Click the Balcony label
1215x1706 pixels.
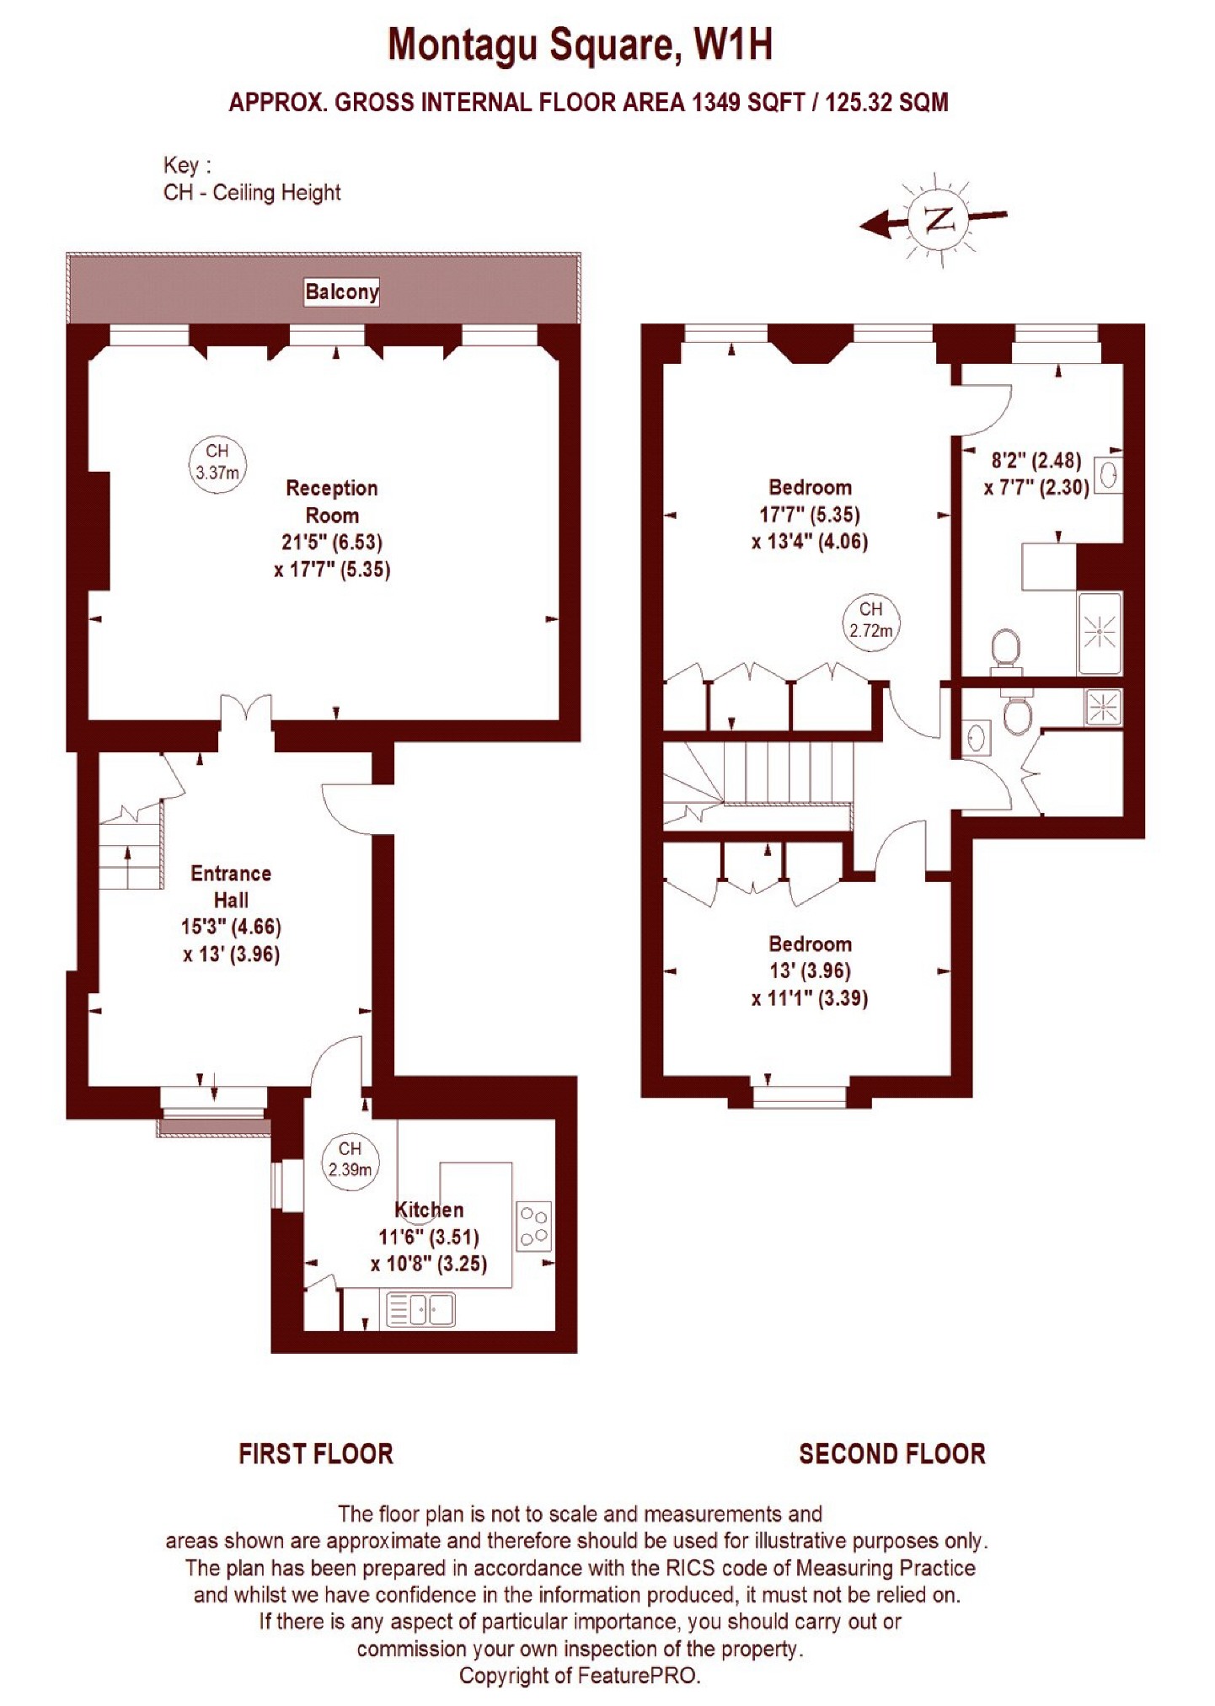coord(341,291)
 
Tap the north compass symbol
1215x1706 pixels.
coord(936,221)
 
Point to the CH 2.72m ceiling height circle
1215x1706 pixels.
coord(871,620)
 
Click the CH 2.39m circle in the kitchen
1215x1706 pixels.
coord(350,1159)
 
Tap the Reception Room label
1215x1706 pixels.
coord(332,501)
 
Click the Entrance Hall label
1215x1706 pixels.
coord(231,886)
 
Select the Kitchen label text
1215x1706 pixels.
coord(429,1210)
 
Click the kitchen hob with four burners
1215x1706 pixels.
coord(534,1226)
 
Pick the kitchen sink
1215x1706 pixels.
coord(420,1310)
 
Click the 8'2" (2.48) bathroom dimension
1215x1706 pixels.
coord(1036,460)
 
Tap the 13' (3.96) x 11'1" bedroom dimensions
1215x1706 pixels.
coord(810,984)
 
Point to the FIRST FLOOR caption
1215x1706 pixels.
coord(316,1453)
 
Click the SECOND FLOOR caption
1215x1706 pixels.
coord(892,1453)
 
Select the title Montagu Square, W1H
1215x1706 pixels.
coord(580,45)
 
